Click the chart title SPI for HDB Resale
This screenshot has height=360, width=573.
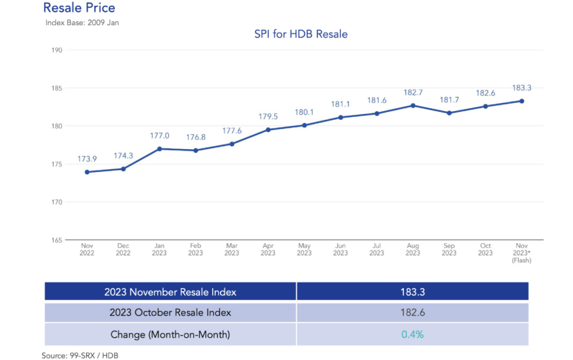(301, 34)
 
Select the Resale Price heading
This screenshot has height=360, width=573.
(79, 8)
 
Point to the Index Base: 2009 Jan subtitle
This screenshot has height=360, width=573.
(82, 23)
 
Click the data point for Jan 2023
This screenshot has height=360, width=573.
(159, 148)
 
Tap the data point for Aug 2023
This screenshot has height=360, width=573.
(413, 105)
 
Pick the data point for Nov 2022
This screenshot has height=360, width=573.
(87, 172)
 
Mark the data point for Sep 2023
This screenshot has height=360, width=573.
(449, 113)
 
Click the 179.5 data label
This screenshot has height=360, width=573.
(268, 116)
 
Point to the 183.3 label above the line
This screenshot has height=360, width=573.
(521, 88)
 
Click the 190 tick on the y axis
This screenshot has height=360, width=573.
(56, 50)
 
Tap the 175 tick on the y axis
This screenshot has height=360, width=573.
(56, 164)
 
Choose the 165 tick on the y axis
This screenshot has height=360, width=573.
(56, 240)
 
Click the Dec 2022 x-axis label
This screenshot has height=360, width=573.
(123, 249)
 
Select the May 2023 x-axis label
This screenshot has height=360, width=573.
(304, 249)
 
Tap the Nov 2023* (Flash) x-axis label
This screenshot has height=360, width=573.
(521, 253)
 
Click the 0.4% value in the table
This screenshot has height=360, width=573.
(412, 334)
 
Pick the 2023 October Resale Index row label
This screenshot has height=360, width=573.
(170, 313)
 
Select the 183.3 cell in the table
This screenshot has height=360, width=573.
(412, 292)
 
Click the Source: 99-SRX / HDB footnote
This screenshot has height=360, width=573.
(80, 355)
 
